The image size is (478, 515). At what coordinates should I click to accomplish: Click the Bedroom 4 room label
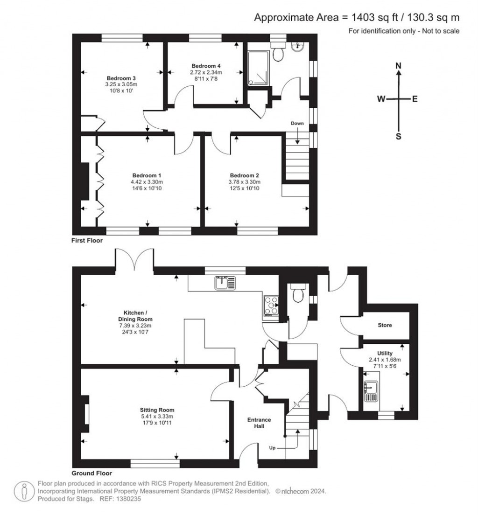point(205,66)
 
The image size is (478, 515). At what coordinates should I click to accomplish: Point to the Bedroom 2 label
point(245,175)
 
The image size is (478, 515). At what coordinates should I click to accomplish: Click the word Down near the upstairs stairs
point(297,124)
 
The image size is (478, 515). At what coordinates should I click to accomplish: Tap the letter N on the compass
point(399,66)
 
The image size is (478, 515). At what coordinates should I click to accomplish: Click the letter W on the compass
point(381,99)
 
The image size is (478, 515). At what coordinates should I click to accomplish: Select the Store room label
point(385,325)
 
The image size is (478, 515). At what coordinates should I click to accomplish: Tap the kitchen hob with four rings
point(271,306)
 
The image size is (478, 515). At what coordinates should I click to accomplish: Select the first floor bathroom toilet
point(279,53)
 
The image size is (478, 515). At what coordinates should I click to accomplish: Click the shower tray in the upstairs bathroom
point(258,68)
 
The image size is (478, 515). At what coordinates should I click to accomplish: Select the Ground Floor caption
point(92,473)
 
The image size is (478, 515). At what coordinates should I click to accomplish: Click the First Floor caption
point(87,241)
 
